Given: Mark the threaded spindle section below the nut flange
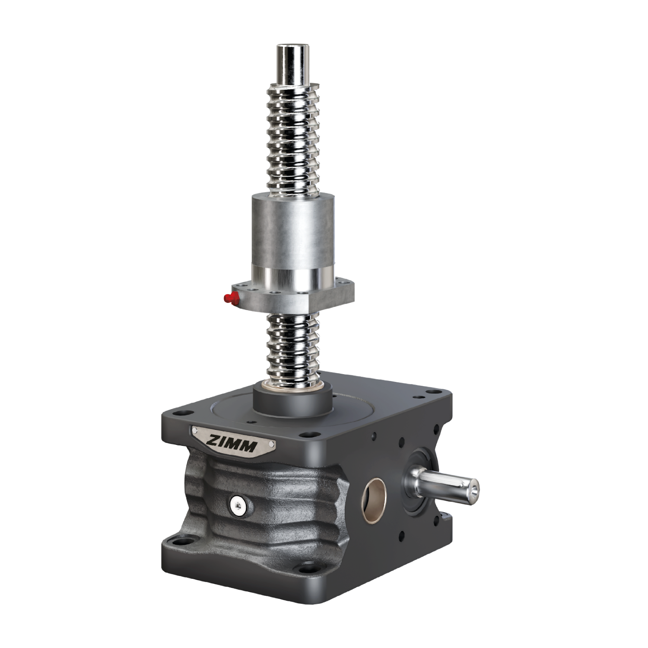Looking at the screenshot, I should (294, 346).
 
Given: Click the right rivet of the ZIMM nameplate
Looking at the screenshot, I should (272, 444).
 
